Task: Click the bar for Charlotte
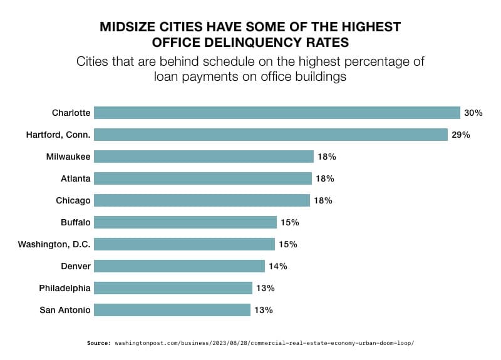point(277,113)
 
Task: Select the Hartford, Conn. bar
point(271,135)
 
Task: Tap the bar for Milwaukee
point(204,157)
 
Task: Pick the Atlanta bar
point(203,178)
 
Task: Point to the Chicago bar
point(202,200)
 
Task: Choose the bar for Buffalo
point(185,222)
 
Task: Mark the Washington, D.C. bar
point(184,244)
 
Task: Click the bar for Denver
point(179,266)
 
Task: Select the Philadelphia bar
point(173,288)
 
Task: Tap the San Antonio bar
point(172,310)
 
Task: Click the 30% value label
point(473,113)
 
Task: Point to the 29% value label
point(460,135)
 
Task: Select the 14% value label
point(277,266)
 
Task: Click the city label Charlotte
point(71,113)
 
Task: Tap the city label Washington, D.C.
point(54,244)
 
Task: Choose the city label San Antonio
point(65,310)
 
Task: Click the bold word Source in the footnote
point(98,343)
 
